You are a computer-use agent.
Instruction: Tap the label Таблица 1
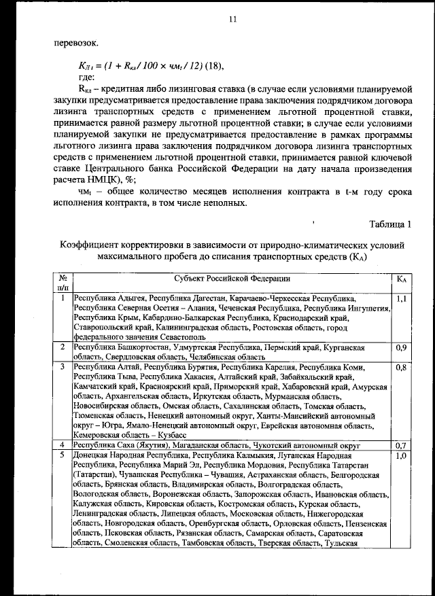pos(390,224)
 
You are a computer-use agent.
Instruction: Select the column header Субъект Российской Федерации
pos(232,279)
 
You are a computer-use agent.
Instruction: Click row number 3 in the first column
pos(63,368)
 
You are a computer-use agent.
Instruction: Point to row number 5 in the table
pos(63,455)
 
